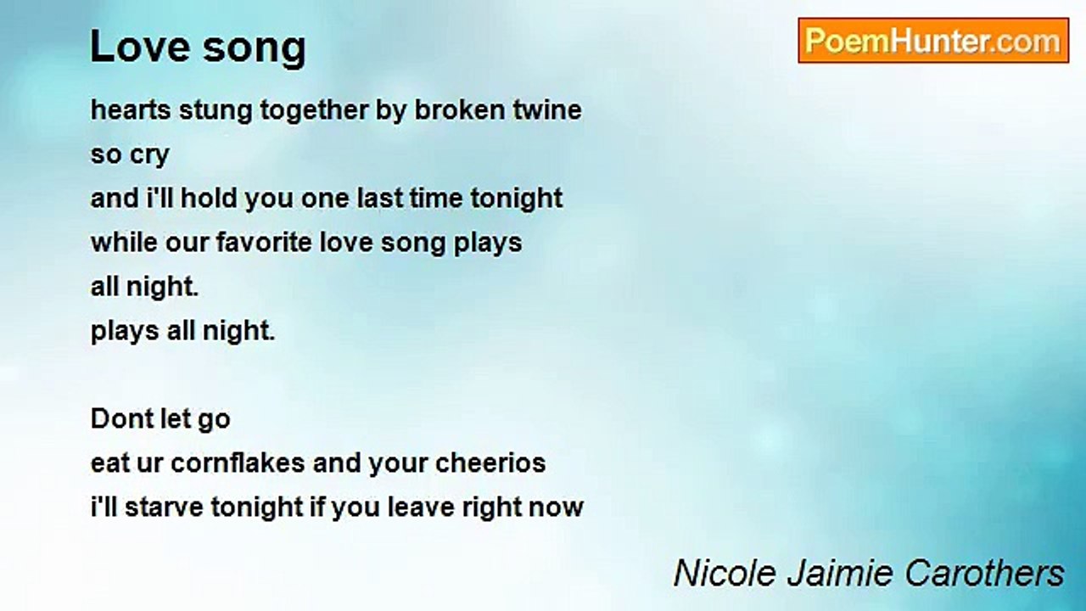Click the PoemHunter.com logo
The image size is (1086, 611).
[933, 41]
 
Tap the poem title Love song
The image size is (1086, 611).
[198, 47]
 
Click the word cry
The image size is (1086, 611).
[149, 156]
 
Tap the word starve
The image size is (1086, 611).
[162, 507]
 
